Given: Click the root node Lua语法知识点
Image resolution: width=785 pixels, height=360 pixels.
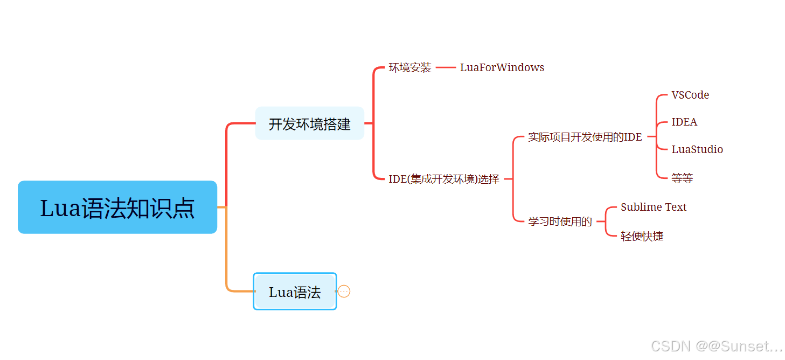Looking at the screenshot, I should point(117,207).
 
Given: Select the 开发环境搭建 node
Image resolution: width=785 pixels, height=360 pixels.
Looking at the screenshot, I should point(309,123).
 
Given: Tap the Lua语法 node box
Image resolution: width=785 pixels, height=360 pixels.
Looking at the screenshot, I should point(295,292).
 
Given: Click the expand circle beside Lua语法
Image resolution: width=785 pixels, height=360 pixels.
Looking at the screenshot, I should point(344,292).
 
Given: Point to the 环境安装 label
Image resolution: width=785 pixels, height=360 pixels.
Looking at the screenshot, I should point(410,67).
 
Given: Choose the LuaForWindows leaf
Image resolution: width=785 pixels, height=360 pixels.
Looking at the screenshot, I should point(502,67).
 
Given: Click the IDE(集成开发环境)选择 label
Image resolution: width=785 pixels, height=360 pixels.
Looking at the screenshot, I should point(444,179).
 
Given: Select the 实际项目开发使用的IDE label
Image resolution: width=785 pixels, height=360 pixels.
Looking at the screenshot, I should point(585,137).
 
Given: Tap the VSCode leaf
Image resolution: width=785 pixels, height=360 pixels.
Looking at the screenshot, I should point(690,95).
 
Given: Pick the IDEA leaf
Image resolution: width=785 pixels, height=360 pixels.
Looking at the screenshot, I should point(684,122).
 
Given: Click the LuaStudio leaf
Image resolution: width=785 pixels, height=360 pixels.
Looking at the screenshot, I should point(697,149).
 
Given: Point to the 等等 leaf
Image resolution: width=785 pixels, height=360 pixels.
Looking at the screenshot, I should point(682,178).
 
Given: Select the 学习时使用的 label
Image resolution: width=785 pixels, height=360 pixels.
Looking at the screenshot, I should point(560,221).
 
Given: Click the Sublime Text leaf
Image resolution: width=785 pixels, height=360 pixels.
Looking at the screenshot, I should point(654,207).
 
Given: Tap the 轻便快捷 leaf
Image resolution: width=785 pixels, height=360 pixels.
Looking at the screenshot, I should point(642,236).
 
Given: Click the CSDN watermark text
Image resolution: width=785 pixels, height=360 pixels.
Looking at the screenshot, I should point(716,346).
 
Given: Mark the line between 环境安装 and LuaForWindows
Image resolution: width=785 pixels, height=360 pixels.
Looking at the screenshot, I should point(446,67).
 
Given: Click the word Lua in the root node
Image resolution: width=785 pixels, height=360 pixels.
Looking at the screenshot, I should point(60,208).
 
